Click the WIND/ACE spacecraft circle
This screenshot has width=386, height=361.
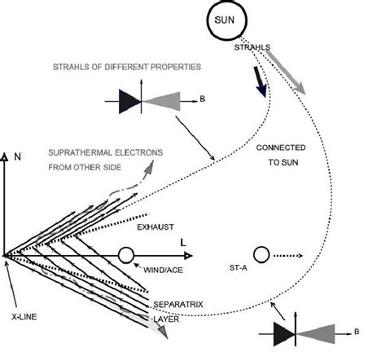[x=125, y=255]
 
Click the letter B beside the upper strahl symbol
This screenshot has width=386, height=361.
[x=202, y=100]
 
